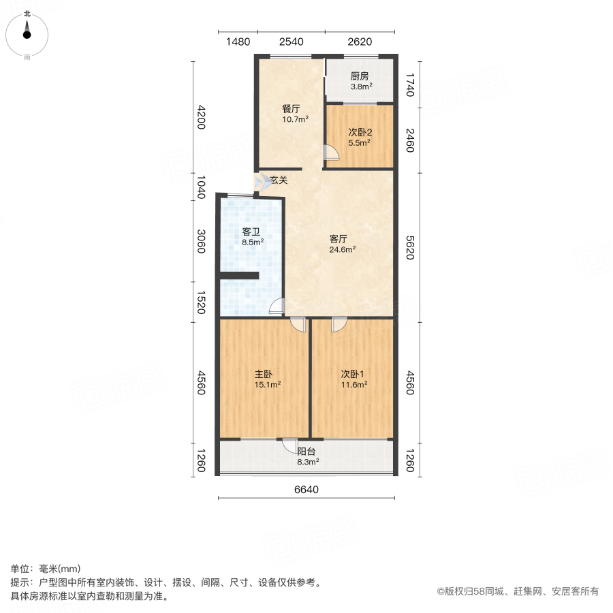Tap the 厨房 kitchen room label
coord(360,76)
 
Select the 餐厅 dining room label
coord(292,108)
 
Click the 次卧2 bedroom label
coord(359,133)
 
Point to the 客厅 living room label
coord(339,239)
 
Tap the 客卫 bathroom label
coord(251,232)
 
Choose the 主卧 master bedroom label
coord(264,374)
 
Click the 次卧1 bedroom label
coord(353,374)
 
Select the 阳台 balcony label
coord(306,451)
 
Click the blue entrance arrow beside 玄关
coord(262,182)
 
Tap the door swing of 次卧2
coord(330,153)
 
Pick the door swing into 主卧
coord(298,324)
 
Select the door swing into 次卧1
coord(339,324)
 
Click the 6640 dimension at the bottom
coord(306,490)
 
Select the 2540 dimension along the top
coord(291,42)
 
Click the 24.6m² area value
coord(342,249)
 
